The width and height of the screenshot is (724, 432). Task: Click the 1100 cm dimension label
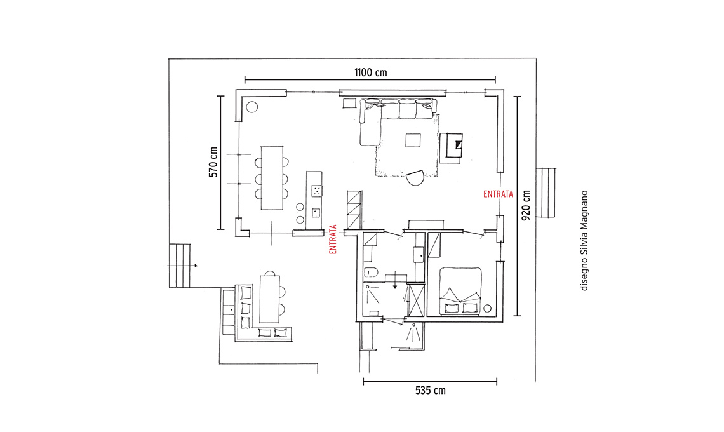click(370, 72)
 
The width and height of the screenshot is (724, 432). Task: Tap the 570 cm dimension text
click(213, 162)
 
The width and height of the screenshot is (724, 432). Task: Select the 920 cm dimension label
click(526, 205)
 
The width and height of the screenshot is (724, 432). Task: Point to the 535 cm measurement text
click(431, 391)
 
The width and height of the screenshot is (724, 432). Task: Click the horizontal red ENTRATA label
click(498, 194)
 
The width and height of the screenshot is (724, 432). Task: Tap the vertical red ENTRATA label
click(333, 240)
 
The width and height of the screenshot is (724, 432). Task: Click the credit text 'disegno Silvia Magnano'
click(584, 241)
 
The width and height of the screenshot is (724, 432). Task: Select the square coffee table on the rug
click(413, 140)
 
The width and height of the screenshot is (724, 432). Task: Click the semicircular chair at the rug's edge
click(415, 178)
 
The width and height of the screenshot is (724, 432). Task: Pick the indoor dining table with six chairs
click(272, 178)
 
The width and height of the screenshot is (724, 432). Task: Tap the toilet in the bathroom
click(370, 272)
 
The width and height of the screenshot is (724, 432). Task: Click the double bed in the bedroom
click(460, 292)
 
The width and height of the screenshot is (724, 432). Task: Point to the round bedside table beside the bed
click(488, 309)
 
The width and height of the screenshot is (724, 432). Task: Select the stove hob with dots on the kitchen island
click(317, 191)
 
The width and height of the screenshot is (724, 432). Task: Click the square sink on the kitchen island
click(316, 213)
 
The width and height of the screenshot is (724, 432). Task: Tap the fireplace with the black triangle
click(451, 148)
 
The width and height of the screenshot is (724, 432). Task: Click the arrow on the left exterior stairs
click(183, 266)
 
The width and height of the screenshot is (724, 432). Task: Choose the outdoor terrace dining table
click(270, 299)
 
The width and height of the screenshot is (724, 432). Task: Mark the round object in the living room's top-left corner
click(251, 107)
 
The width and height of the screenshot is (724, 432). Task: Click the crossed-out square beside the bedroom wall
click(416, 300)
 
